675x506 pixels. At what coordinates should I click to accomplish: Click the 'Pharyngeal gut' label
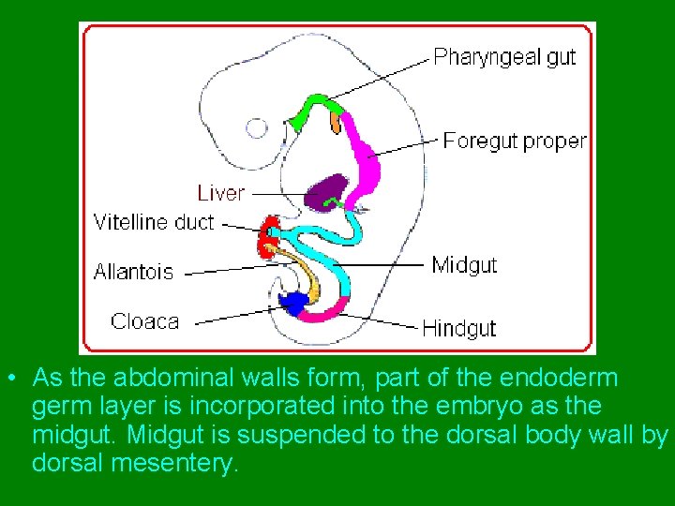(504, 57)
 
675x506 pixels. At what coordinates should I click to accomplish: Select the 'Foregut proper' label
(515, 141)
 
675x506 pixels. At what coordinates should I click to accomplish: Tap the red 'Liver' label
(220, 193)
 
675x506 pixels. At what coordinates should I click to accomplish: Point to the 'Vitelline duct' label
(154, 223)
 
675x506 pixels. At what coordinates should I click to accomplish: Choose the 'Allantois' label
(133, 273)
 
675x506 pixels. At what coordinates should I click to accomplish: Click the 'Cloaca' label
(144, 321)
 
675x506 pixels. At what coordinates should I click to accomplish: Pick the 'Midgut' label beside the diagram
(464, 265)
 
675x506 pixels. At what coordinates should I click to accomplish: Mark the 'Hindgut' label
(458, 328)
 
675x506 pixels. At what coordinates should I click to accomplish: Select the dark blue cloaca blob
(294, 303)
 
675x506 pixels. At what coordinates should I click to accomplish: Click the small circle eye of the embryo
(257, 127)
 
